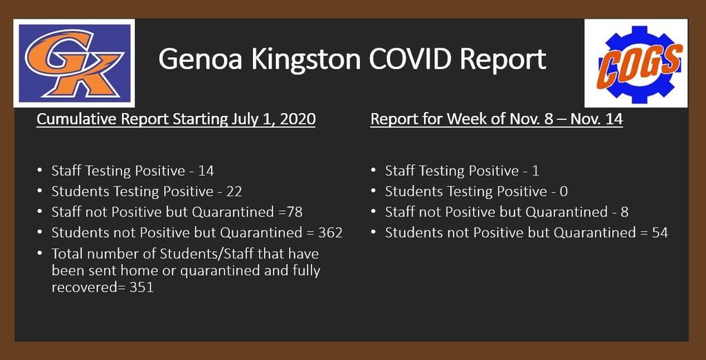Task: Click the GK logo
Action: [x=74, y=63]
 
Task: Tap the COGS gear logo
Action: [x=636, y=63]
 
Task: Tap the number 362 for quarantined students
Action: [x=330, y=233]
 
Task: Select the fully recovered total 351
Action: [x=141, y=288]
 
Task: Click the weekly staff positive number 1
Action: [x=535, y=171]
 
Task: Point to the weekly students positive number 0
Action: [x=563, y=192]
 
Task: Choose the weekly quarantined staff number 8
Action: [x=624, y=212]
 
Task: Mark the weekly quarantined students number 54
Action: [x=660, y=233]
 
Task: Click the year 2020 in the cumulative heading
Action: [x=298, y=119]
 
